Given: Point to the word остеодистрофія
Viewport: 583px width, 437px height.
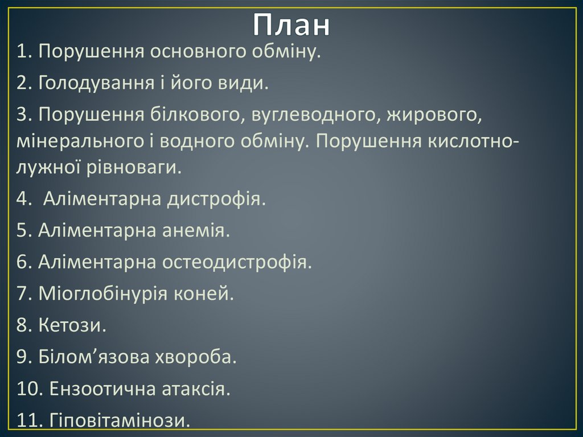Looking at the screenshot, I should pyautogui.click(x=237, y=263).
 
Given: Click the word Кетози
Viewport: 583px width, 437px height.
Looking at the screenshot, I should pyautogui.click(x=73, y=326).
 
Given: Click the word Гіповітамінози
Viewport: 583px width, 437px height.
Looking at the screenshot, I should pyautogui.click(x=120, y=421).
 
